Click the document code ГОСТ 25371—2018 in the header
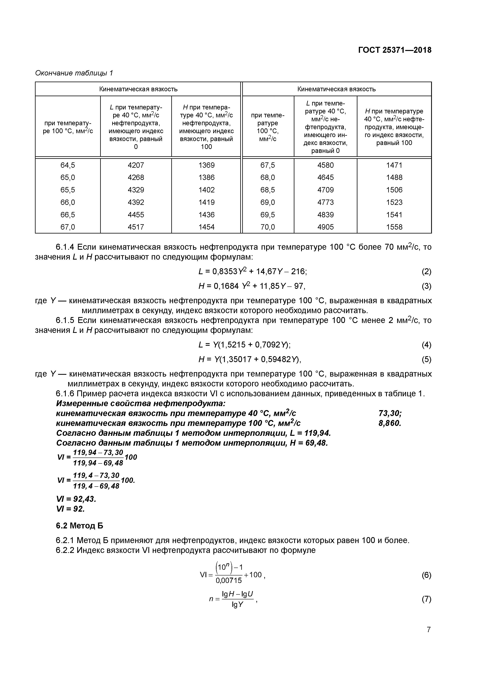(395, 50)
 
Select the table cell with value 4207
(136, 165)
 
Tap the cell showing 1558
(394, 227)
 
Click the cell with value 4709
(325, 190)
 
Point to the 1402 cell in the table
(206, 190)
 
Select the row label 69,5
(268, 215)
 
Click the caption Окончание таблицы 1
(74, 73)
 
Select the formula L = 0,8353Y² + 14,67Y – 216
(252, 272)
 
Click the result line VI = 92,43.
(76, 499)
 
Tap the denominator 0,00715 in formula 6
(229, 580)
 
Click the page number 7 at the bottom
(428, 630)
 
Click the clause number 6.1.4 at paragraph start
(65, 247)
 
